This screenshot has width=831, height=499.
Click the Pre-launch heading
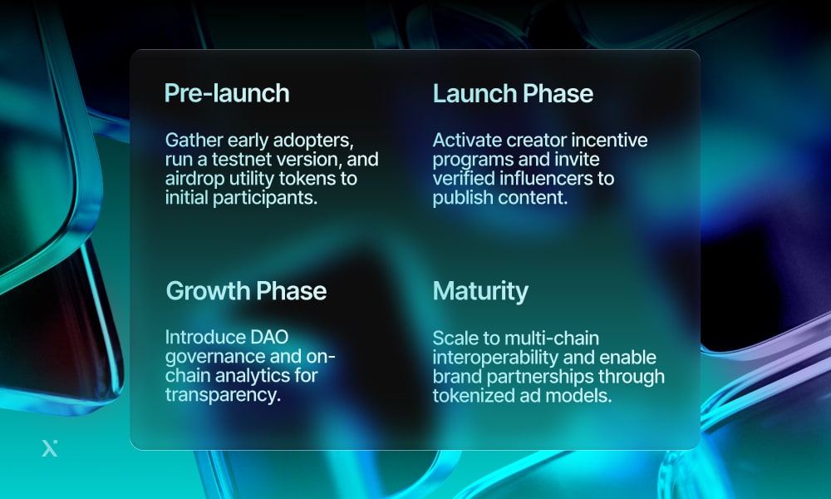coord(227,93)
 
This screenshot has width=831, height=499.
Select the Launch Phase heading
coord(513,93)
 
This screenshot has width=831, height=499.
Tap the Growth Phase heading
coord(246,291)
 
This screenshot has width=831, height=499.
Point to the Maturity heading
coord(480,291)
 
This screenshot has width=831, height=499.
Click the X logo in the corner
coord(50,448)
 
